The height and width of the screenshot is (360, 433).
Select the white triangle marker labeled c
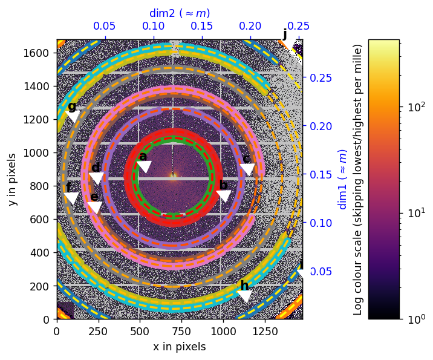(x=247, y=170)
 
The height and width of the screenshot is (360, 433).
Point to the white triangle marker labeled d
(x=96, y=178)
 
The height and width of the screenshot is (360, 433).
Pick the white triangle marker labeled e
(x=95, y=208)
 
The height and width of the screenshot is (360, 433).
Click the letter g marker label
(x=72, y=107)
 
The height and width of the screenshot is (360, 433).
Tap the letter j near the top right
(x=285, y=34)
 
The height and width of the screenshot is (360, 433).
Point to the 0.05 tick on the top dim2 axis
(x=105, y=27)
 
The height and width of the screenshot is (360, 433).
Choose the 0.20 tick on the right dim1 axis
(x=321, y=126)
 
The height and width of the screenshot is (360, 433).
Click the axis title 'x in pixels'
(x=179, y=347)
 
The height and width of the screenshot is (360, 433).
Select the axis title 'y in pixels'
(x=12, y=179)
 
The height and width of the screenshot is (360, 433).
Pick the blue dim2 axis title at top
(x=180, y=13)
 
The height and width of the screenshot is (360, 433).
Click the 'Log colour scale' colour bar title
(x=358, y=179)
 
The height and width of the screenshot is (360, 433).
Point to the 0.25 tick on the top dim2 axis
(x=298, y=27)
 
